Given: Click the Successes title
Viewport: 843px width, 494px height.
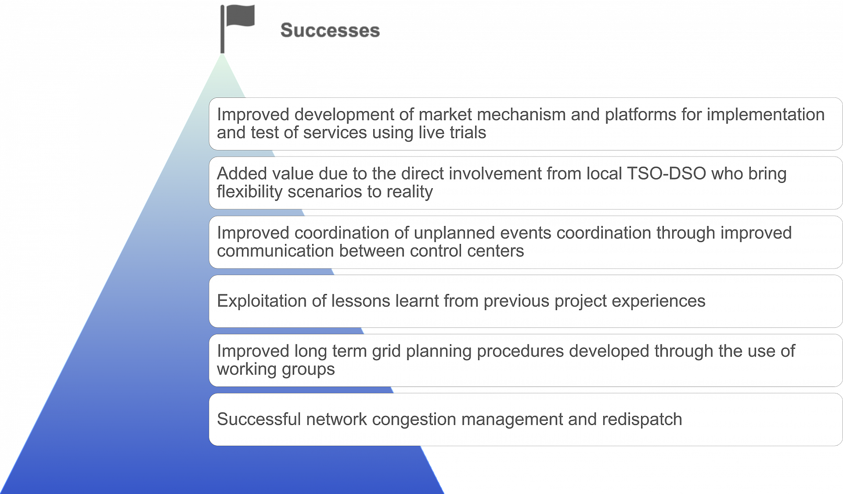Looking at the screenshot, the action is point(330,30).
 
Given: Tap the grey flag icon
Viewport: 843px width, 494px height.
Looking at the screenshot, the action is point(237,29).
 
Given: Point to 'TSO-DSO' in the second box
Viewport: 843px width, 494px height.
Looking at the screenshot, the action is point(666,174).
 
